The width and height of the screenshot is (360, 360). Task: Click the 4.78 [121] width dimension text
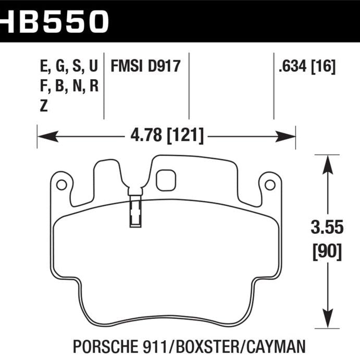(166, 136)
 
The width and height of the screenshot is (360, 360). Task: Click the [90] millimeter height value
(327, 252)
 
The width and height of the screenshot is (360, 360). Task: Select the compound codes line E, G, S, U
(68, 67)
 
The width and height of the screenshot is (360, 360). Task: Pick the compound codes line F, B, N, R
(68, 86)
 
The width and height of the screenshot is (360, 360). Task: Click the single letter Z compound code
(43, 106)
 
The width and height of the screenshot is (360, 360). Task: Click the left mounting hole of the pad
(60, 184)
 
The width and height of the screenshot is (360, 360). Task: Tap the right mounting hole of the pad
(269, 184)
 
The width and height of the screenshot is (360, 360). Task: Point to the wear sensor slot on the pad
(134, 210)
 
